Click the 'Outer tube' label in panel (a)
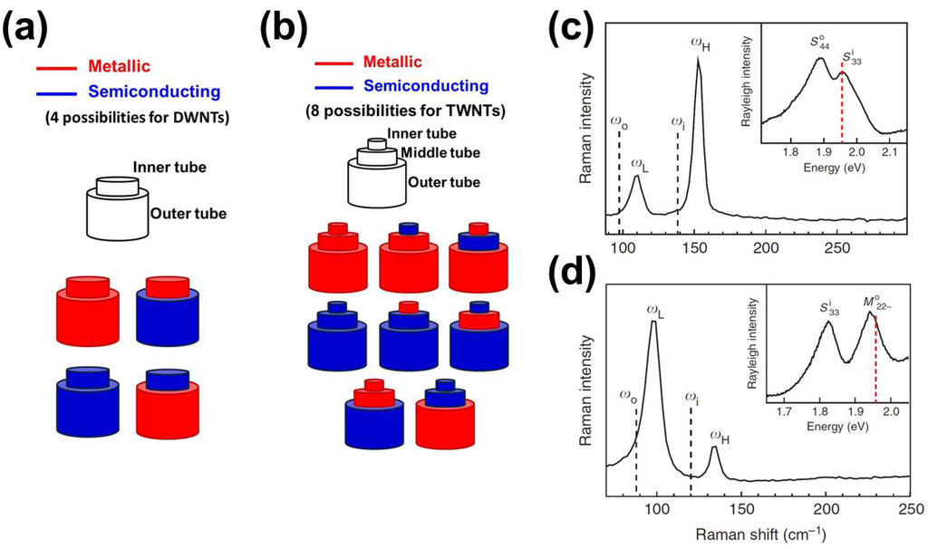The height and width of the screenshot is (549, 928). (188, 214)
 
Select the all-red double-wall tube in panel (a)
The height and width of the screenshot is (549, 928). (86, 310)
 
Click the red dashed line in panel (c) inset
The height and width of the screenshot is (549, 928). (842, 109)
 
